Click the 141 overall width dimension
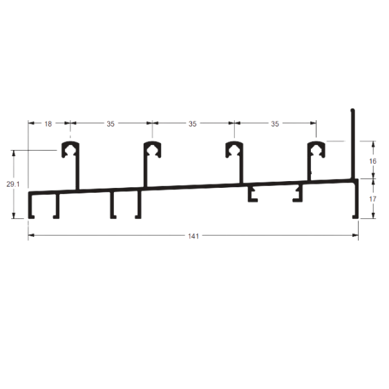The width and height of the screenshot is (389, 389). tap(193, 236)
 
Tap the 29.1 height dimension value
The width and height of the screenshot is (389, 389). tap(13, 184)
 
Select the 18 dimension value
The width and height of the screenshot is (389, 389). tap(48, 124)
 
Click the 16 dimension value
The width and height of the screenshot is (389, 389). tap(372, 161)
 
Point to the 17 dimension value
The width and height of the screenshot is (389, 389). tap(372, 199)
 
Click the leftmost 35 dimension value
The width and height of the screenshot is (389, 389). tap(111, 124)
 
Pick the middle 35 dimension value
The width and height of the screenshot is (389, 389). tap(193, 124)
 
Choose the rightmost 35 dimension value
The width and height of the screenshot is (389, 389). tap(275, 124)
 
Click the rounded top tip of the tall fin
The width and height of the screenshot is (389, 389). tap(352, 110)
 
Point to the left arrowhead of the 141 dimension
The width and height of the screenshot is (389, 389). tap(31, 235)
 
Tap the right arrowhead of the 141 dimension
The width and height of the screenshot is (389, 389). tap(355, 235)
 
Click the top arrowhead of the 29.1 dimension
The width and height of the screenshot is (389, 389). tap(14, 153)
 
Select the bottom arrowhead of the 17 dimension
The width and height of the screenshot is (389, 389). tap(373, 216)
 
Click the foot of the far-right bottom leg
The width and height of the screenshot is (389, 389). tap(356, 217)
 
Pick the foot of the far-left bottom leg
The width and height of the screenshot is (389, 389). tap(32, 217)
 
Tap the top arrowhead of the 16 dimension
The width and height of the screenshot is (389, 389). tap(373, 144)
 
